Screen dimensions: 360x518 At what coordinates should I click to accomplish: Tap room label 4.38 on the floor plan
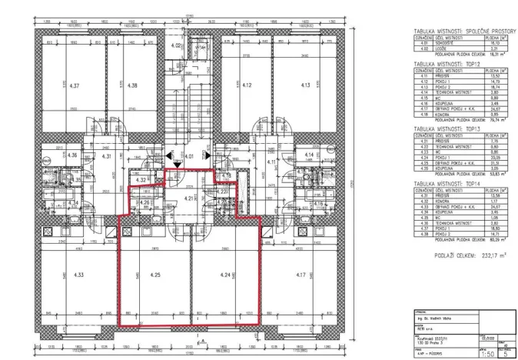tap(132, 85)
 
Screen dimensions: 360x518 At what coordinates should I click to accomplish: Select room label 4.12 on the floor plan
tap(247, 85)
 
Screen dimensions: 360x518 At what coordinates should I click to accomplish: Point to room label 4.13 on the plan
tap(304, 85)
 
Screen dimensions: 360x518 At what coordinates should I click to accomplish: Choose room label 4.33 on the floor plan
tap(78, 272)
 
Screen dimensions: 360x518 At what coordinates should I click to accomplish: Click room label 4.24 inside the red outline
tap(224, 273)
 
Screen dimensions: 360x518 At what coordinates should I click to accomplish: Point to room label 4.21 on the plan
tap(190, 198)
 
